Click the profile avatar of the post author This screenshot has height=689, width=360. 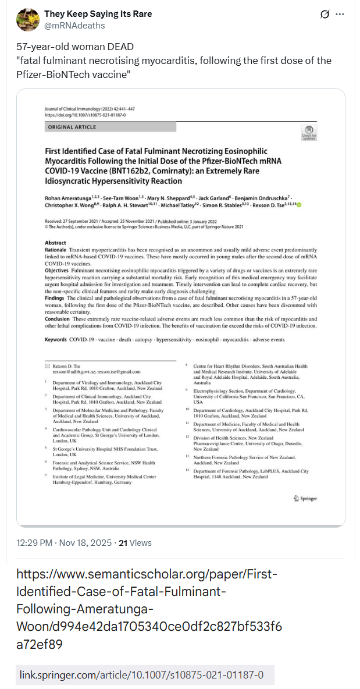click(27, 19)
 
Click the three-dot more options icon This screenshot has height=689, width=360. click(340, 15)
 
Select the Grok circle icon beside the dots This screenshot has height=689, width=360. click(325, 15)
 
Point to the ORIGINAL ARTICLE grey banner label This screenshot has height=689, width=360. click(72, 127)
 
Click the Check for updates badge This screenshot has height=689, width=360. click(309, 132)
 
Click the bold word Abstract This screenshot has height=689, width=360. click(55, 243)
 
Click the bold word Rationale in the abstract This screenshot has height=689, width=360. click(56, 249)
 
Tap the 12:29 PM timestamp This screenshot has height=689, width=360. click(36, 543)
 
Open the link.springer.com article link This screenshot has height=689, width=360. click(141, 675)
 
